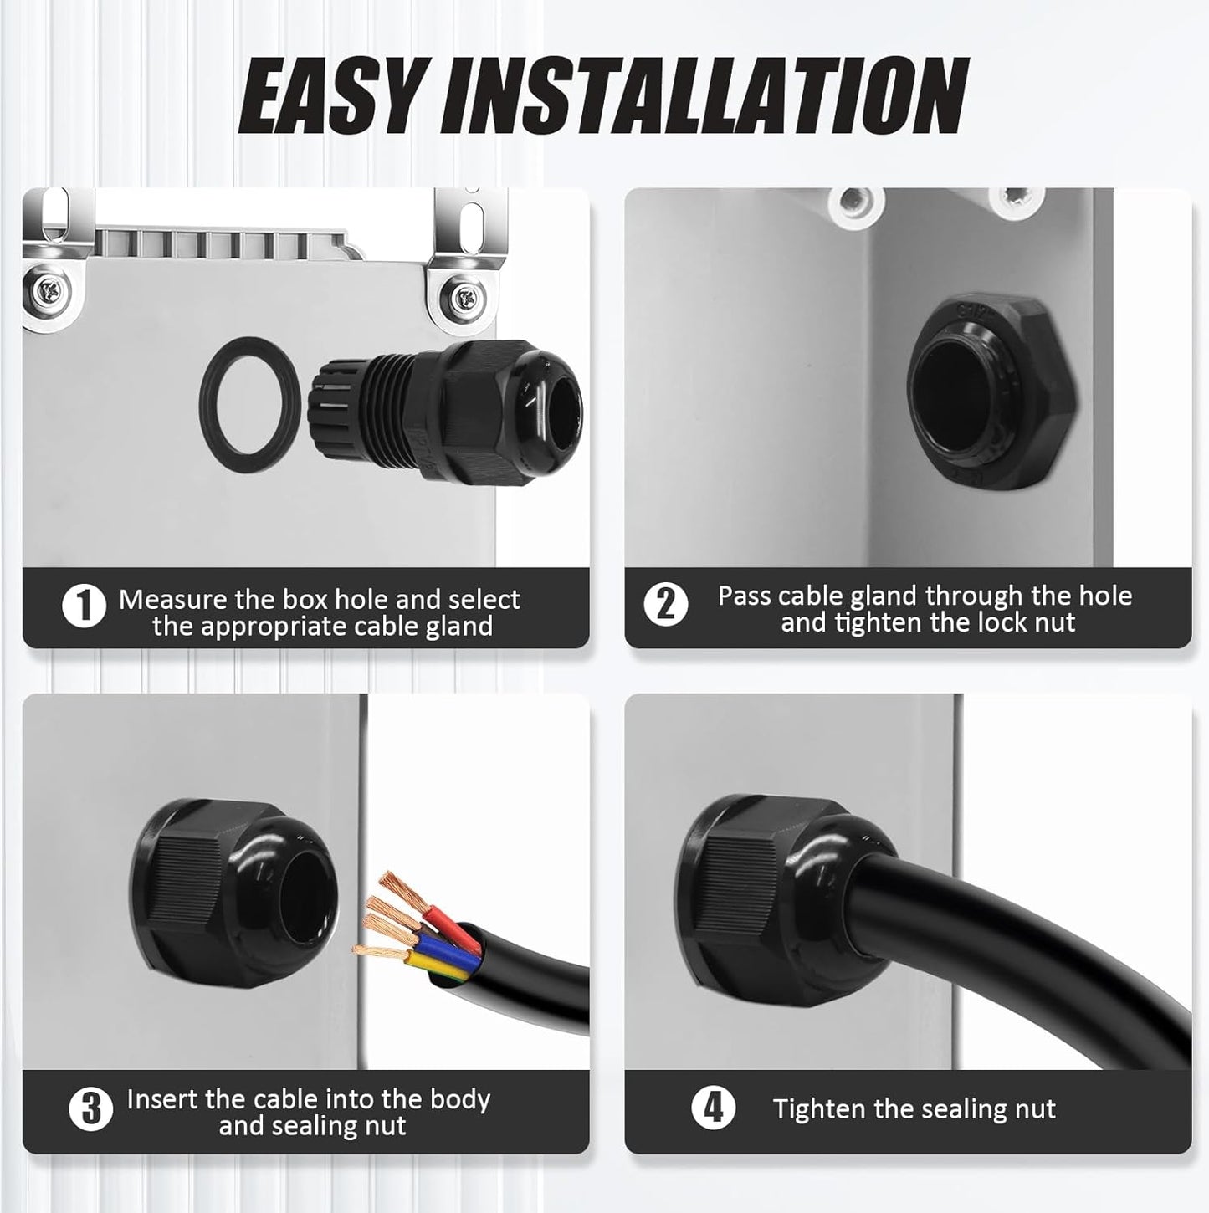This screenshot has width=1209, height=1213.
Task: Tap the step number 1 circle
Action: pos(84,606)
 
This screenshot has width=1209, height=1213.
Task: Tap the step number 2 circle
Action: pos(666,605)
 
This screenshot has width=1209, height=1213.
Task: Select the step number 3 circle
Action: pos(90,1110)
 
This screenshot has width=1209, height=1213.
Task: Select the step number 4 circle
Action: pos(713,1108)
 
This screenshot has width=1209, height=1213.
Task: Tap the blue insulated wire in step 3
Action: pos(443,949)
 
